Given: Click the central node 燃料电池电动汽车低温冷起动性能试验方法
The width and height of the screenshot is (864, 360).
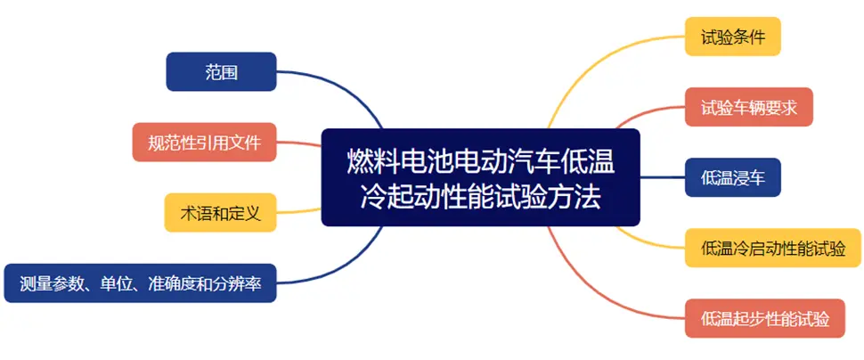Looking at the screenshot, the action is click(x=480, y=177).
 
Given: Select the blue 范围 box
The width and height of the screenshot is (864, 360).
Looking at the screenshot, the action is click(x=221, y=71).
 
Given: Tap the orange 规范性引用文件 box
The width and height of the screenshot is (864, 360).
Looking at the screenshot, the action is click(x=205, y=143).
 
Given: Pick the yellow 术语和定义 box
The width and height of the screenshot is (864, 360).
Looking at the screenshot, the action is click(x=220, y=212).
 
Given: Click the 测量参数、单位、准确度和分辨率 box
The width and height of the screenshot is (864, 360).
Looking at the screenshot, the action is click(x=140, y=282).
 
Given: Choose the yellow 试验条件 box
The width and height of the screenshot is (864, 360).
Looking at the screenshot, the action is click(x=733, y=37).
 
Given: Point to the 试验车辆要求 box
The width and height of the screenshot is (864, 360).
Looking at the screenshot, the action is click(x=749, y=107).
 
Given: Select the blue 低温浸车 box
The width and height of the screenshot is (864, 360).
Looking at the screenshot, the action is click(x=733, y=177).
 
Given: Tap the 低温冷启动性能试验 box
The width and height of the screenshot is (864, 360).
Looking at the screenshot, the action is click(x=772, y=248).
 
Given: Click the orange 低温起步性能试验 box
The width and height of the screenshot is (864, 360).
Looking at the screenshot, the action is click(x=765, y=318).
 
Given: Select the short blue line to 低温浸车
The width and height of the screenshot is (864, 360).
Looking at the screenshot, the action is click(x=663, y=177).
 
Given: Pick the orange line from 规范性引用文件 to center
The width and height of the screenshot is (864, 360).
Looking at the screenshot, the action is click(x=298, y=143).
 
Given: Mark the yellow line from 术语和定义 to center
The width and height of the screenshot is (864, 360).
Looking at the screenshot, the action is click(x=298, y=210).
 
